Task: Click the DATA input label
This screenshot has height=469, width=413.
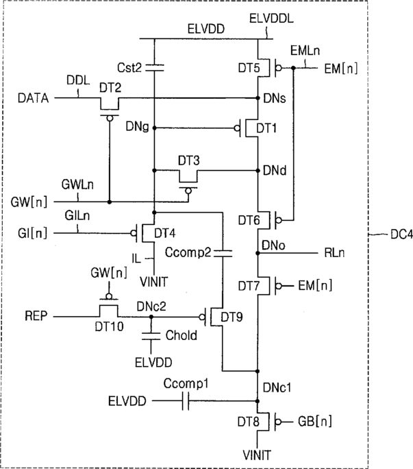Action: [33, 98]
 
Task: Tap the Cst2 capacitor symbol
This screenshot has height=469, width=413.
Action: [155, 68]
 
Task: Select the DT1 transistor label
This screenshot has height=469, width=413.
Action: [266, 128]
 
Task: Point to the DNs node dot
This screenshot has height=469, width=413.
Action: [258, 98]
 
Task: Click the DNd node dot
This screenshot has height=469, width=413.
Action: [258, 171]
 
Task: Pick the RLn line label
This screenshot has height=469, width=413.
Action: [334, 253]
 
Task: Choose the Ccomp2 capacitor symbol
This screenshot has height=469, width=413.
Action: [223, 254]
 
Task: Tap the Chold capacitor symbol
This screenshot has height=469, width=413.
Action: [151, 336]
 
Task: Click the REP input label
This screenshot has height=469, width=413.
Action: [36, 316]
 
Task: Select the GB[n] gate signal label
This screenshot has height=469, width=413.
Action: [314, 422]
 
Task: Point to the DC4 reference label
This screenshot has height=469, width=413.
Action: [401, 234]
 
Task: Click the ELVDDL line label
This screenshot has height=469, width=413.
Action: [271, 19]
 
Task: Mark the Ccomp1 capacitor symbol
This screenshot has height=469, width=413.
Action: [186, 401]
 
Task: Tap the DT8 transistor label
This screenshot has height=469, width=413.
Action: [249, 422]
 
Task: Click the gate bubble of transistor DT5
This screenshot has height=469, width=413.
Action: [279, 68]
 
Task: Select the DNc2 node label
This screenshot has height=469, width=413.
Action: [151, 306]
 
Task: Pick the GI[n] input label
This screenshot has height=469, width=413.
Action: [33, 233]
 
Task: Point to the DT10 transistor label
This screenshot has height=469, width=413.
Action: [109, 326]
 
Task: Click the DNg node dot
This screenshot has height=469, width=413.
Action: [155, 128]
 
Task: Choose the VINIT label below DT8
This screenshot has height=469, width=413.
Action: [257, 455]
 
